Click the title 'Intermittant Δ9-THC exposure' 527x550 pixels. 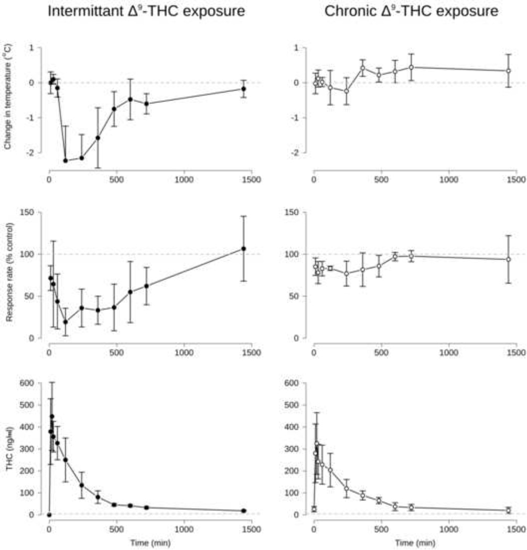(146, 12)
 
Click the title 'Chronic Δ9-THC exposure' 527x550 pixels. (411, 12)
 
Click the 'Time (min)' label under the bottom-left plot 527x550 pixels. (150, 543)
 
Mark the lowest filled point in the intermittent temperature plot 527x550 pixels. (66, 160)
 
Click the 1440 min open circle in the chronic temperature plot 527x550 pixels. (508, 71)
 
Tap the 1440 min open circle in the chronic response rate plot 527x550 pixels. (508, 259)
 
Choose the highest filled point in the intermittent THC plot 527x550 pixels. (52, 416)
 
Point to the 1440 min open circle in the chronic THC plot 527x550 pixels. (508, 510)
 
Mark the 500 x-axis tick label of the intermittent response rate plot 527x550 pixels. (116, 352)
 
